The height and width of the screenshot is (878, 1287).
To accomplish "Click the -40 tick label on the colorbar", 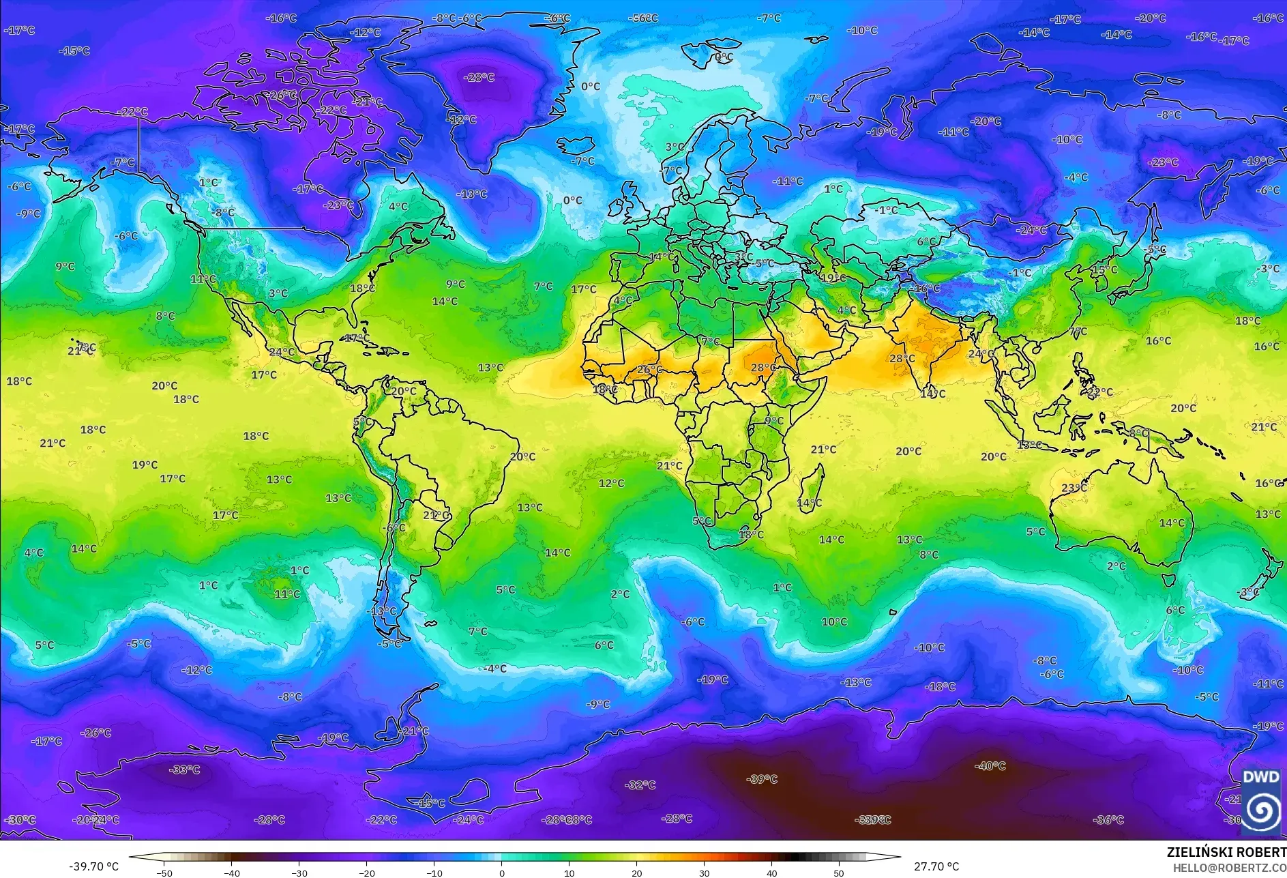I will click(x=232, y=873).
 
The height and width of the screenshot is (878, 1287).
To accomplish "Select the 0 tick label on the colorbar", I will click(x=502, y=873).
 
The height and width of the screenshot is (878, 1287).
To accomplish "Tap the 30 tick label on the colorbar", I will click(x=704, y=873).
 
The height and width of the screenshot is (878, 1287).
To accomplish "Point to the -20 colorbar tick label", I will click(x=367, y=873).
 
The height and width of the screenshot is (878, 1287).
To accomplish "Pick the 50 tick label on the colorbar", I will click(x=838, y=873).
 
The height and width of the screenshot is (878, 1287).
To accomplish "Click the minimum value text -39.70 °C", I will click(x=93, y=866).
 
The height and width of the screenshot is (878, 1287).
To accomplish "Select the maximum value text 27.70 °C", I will click(x=936, y=866).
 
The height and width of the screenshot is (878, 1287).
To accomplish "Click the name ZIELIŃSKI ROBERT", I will click(x=1226, y=852).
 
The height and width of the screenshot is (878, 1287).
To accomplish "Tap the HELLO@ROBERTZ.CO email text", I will click(x=1229, y=867).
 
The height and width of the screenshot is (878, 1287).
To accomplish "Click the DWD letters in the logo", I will click(x=1260, y=777).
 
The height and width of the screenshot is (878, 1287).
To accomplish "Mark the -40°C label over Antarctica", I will click(x=990, y=766).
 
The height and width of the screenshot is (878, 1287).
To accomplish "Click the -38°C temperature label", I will click(x=184, y=770).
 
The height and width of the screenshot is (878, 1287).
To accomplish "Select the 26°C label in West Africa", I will click(x=649, y=370).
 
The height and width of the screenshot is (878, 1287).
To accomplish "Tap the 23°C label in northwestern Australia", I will click(x=1074, y=488).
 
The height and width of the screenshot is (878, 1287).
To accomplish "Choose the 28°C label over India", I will click(x=902, y=358).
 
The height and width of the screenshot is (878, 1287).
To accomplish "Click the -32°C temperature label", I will click(x=640, y=785).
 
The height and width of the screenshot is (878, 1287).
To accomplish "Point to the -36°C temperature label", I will click(x=1108, y=819).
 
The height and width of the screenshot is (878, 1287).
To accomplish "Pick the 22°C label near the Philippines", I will click(x=1099, y=392).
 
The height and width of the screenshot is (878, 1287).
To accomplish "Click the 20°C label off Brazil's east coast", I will click(x=522, y=456).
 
